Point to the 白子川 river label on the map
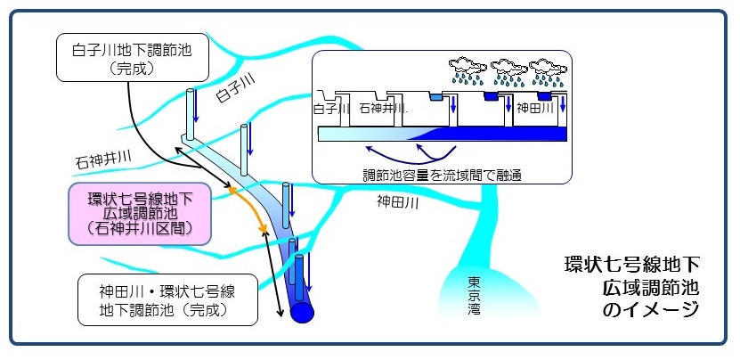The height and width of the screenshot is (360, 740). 235,90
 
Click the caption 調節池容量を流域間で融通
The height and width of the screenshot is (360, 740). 442,176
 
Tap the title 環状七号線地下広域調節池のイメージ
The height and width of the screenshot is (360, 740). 631,286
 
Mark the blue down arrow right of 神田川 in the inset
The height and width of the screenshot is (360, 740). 565,104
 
